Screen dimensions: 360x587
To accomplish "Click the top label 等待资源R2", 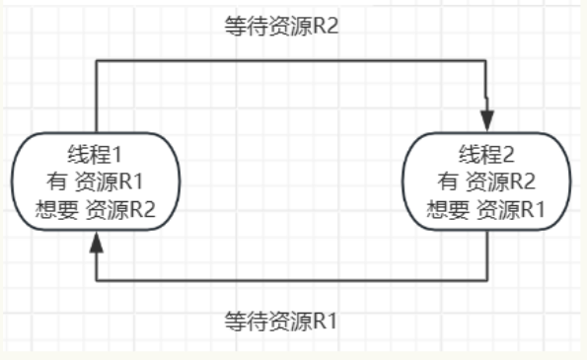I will coord(281,25).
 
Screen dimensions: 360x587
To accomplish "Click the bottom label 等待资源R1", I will coord(281,321).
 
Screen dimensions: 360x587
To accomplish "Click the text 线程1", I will coord(96,155).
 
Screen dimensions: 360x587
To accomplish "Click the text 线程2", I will coord(487,155).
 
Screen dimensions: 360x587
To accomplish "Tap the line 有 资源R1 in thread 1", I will coord(96,181).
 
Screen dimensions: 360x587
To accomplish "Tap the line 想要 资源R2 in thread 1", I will coord(96,208).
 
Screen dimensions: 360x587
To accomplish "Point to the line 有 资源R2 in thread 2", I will coord(487,181).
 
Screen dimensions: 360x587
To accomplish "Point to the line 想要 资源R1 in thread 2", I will coord(487,208).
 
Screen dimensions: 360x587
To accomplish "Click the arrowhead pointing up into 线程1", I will coord(96,242).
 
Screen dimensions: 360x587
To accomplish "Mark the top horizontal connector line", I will coord(291,61).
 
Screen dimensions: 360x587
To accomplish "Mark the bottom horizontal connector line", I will coord(291,279).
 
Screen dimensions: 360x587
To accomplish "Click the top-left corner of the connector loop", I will coord(96,61).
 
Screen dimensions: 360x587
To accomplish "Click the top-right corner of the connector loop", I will coord(488,61).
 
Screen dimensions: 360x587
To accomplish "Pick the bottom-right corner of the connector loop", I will coord(488,279).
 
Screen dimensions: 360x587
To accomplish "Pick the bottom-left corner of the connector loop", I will coord(96,279).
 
